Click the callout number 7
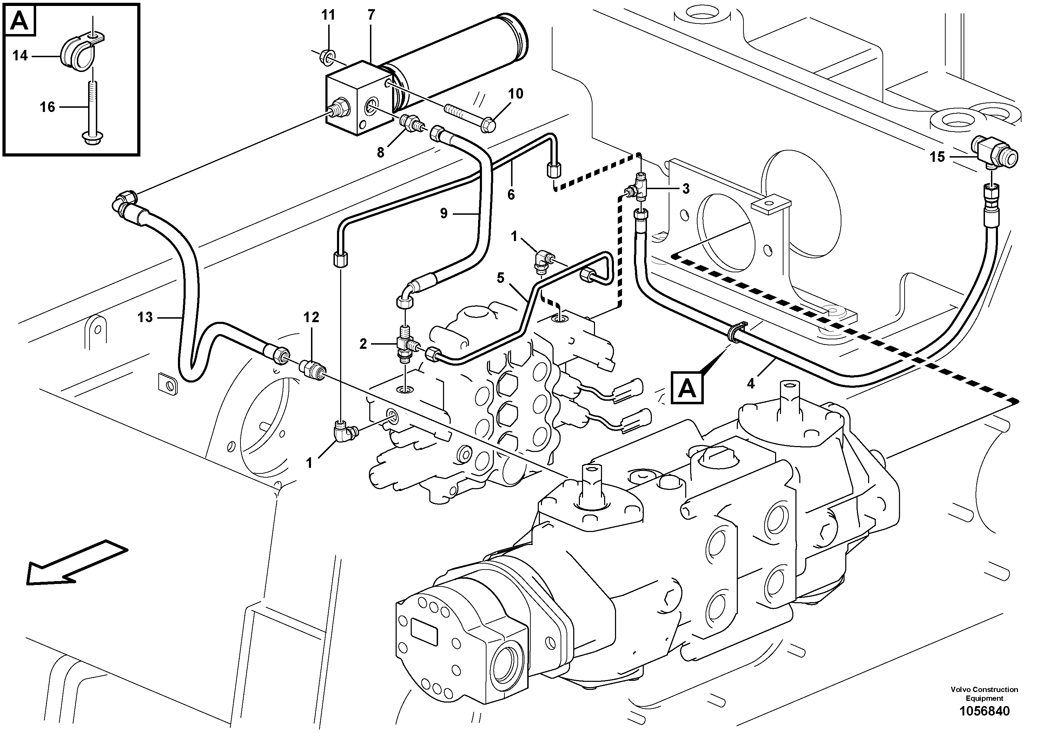pos(371,15)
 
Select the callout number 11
pos(328,15)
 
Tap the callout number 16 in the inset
pos(47,107)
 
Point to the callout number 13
pos(145,317)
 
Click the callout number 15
pos(937,157)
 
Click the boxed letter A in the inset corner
pos(19,21)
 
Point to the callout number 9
pos(444,213)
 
